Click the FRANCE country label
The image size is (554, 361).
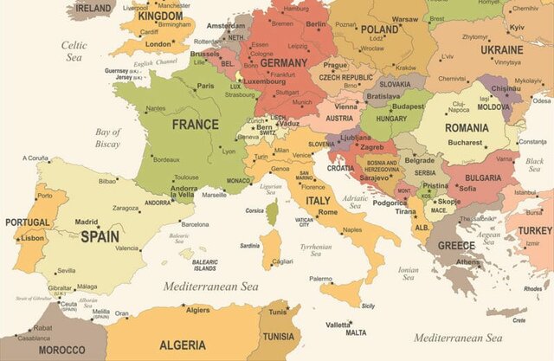pyautogui.click(x=195, y=125)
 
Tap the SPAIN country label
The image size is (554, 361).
pyautogui.click(x=100, y=235)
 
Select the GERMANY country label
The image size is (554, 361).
pyautogui.click(x=283, y=63)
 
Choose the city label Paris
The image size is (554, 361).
pyautogui.click(x=205, y=86)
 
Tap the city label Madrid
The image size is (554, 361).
pyautogui.click(x=87, y=222)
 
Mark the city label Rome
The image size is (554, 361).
pyautogui.click(x=327, y=212)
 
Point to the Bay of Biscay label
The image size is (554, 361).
pyautogui.click(x=108, y=138)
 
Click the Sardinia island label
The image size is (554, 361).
pyautogui.click(x=249, y=246)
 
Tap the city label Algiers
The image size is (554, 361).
pyautogui.click(x=198, y=309)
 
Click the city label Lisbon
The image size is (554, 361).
pyautogui.click(x=33, y=238)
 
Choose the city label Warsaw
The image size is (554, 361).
pyautogui.click(x=404, y=19)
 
